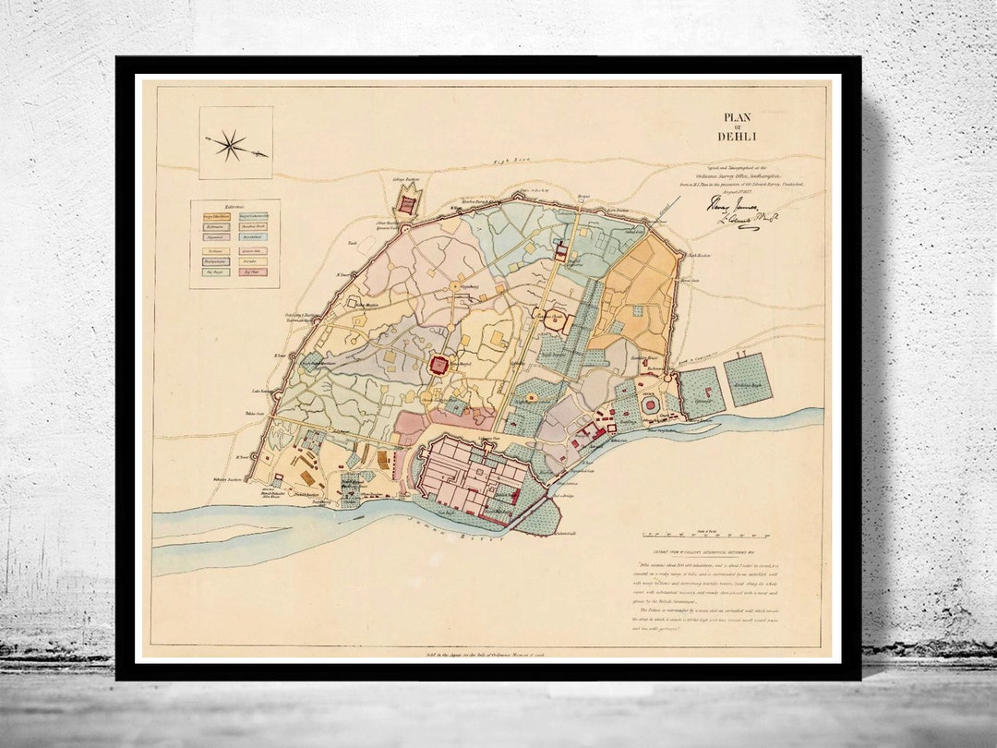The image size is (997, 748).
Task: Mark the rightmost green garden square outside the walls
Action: click(x=748, y=379)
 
